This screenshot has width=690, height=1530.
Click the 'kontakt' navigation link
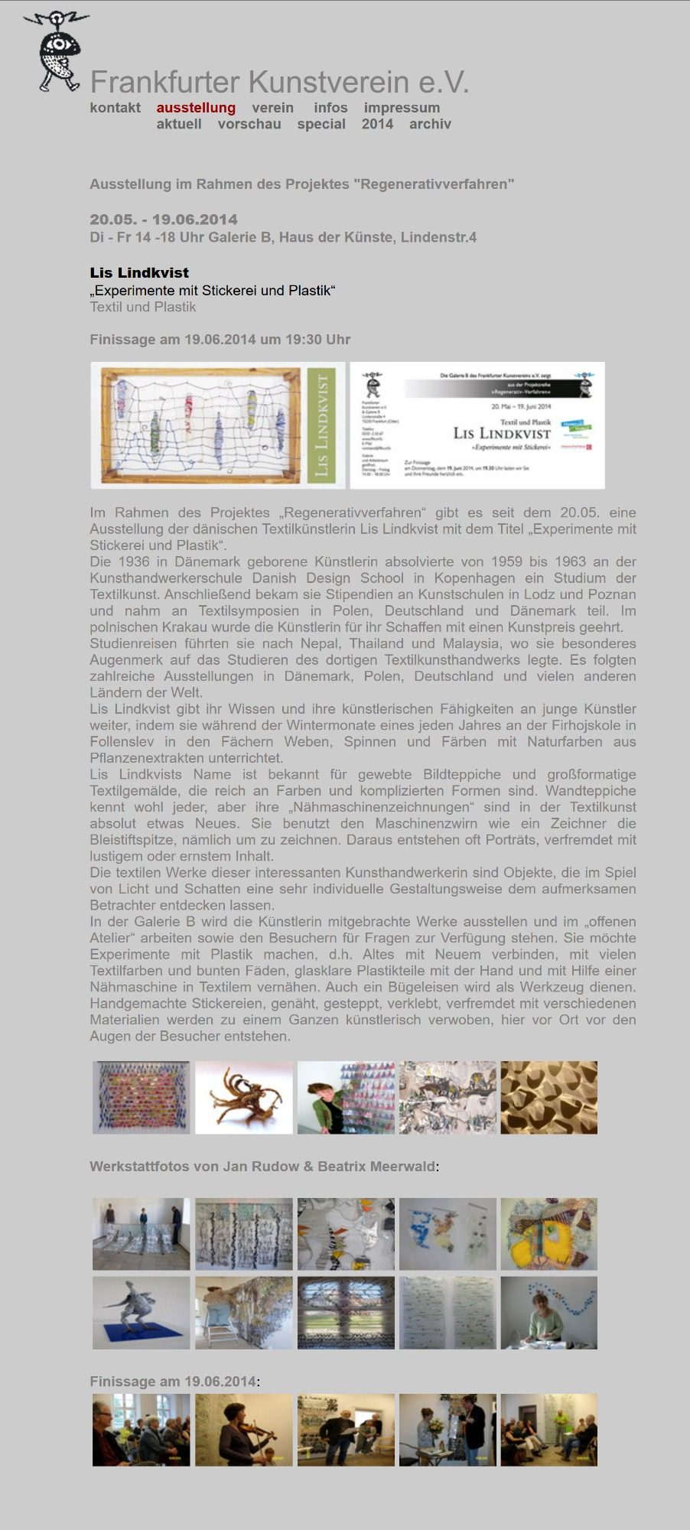(x=115, y=108)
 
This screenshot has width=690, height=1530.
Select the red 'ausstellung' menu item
(x=196, y=108)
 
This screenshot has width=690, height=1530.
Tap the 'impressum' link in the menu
(x=402, y=108)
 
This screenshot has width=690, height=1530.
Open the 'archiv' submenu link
(x=430, y=124)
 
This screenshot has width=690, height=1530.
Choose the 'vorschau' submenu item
(x=249, y=124)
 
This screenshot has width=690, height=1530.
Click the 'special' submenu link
(x=321, y=124)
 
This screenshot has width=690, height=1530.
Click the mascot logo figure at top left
(x=56, y=50)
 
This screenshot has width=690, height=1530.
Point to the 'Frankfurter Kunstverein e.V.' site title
(x=279, y=82)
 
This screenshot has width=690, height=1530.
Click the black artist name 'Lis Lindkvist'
(x=139, y=272)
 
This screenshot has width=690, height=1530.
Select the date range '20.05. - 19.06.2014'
(x=164, y=220)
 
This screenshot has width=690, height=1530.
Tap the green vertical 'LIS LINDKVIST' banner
(x=321, y=425)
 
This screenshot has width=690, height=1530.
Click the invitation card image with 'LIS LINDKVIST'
(x=477, y=425)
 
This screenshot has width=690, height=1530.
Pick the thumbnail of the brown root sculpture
(x=243, y=1097)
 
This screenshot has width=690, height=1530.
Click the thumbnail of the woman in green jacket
(x=346, y=1097)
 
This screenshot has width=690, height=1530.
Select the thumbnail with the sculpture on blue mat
(x=141, y=1313)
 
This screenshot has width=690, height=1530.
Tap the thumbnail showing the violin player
(x=243, y=1430)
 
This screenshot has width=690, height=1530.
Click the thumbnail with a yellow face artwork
(x=549, y=1234)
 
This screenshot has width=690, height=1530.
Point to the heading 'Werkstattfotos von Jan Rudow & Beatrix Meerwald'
(x=262, y=1167)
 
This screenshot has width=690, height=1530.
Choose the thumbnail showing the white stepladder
(x=243, y=1313)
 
